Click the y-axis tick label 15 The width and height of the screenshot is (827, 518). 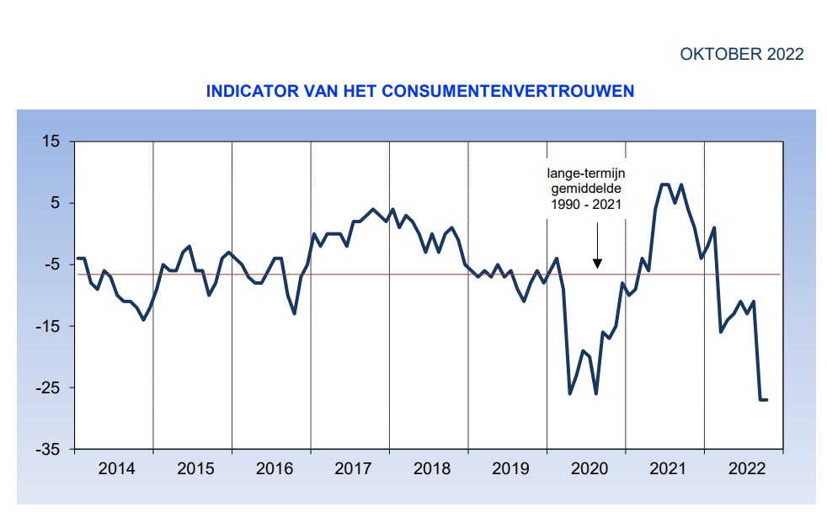[x=51, y=142]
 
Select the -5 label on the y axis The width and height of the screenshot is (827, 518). [x=53, y=264]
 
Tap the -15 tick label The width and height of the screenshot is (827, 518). [x=49, y=327]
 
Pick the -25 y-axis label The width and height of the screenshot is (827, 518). [x=49, y=388]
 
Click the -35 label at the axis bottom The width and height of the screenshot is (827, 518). [x=49, y=450]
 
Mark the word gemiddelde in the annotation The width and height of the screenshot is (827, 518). [x=586, y=190]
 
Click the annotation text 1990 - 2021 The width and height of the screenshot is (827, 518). [x=586, y=205]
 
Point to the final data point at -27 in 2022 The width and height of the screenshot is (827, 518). [x=766, y=399]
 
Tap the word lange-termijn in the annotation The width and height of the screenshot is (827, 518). [x=586, y=174]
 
